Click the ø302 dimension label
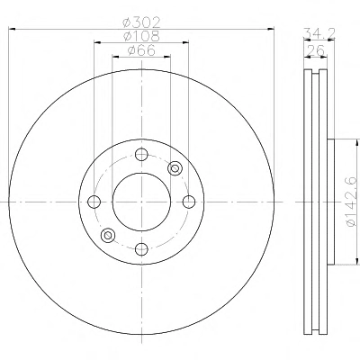pyautogui.click(x=141, y=22)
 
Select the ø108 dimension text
pyautogui.click(x=141, y=36)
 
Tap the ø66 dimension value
pyautogui.click(x=141, y=50)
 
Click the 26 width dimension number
pyautogui.click(x=315, y=50)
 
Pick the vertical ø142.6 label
pyautogui.click(x=351, y=201)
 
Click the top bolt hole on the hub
pyautogui.click(x=141, y=155)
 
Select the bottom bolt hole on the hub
pyautogui.click(x=141, y=248)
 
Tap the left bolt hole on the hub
pyautogui.click(x=94, y=202)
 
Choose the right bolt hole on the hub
pyautogui.click(x=189, y=202)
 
